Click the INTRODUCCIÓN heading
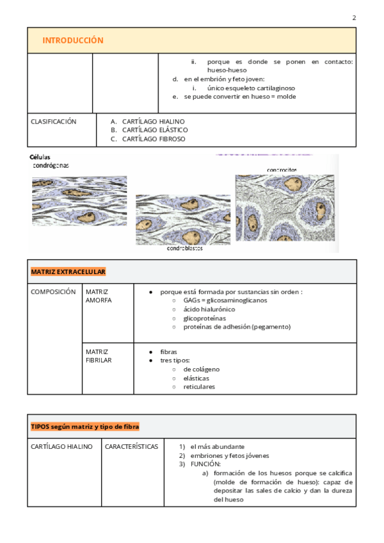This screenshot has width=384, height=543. tap(72, 40)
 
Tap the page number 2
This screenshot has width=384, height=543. tap(354, 17)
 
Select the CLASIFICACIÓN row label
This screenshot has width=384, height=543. tap(54, 121)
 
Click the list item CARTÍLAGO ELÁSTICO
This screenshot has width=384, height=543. tap(154, 130)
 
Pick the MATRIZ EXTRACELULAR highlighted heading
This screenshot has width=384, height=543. tap(68, 272)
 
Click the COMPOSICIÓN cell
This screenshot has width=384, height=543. tap(53, 291)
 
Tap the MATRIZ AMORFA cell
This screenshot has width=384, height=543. tap(98, 296)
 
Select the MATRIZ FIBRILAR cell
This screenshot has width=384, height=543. tap(99, 356)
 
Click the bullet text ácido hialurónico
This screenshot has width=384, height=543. tap(209, 309)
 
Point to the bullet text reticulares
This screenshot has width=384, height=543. tap(199, 387)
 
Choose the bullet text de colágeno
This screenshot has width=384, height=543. tap(201, 369)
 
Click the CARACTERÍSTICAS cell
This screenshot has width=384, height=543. tap(131, 446)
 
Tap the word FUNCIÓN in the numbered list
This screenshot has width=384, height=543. tap(205, 464)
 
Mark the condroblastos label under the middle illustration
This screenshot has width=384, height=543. tap(184, 248)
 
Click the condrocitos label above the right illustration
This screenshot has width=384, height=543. tap(282, 170)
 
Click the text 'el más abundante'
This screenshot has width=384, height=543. tap(217, 446)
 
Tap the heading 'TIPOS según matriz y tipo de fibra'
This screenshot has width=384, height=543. tap(85, 426)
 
